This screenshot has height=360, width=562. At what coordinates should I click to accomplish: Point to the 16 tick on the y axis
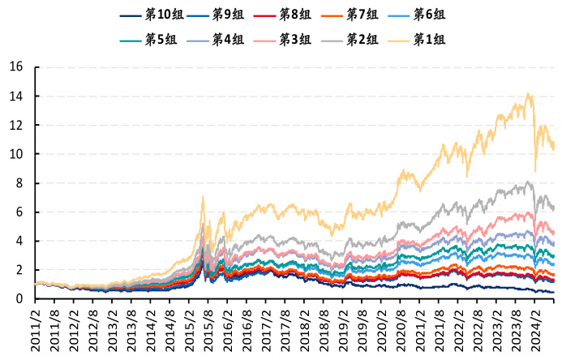click(x=15, y=67)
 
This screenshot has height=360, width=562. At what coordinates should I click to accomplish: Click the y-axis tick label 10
click(x=15, y=154)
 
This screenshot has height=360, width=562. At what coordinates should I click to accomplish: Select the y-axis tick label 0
click(x=19, y=299)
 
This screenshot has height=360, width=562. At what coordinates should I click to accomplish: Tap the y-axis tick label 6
click(x=19, y=212)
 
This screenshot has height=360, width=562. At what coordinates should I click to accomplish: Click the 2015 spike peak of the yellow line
click(x=203, y=197)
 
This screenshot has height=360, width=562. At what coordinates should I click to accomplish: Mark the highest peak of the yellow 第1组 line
click(x=528, y=94)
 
